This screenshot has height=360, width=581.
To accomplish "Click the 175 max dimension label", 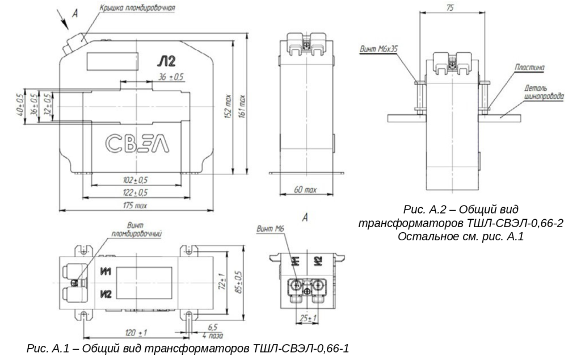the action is pyautogui.click(x=135, y=206).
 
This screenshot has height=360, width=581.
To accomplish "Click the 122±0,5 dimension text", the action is pyautogui.click(x=135, y=193).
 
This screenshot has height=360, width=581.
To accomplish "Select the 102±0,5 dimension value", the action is pyautogui.click(x=135, y=180).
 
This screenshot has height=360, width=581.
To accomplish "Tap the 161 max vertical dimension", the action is pyautogui.click(x=242, y=107).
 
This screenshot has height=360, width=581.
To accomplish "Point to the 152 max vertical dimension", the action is pyautogui.click(x=228, y=107).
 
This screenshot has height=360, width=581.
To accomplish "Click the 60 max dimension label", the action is pyautogui.click(x=305, y=190).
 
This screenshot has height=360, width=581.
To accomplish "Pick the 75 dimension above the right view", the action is pyautogui.click(x=450, y=7).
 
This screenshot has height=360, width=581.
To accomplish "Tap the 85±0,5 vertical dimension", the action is pyautogui.click(x=239, y=283).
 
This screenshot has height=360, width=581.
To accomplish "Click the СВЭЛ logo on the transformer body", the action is pyautogui.click(x=137, y=144).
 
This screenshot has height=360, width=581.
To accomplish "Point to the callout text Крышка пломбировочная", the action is pyautogui.click(x=137, y=8).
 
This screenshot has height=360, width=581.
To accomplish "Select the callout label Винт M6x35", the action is pyautogui.click(x=378, y=49).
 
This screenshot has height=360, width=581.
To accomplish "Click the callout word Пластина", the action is pyautogui.click(x=529, y=68).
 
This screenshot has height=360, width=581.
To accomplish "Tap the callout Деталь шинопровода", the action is pyautogui.click(x=544, y=93).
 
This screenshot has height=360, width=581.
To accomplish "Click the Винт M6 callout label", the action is pyautogui.click(x=270, y=229).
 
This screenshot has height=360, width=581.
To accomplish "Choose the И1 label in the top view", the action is pyautogui.click(x=106, y=272).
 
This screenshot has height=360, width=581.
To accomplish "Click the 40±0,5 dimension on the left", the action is pyautogui.click(x=20, y=105).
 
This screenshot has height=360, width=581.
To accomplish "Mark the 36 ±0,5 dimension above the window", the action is pyautogui.click(x=171, y=77).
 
